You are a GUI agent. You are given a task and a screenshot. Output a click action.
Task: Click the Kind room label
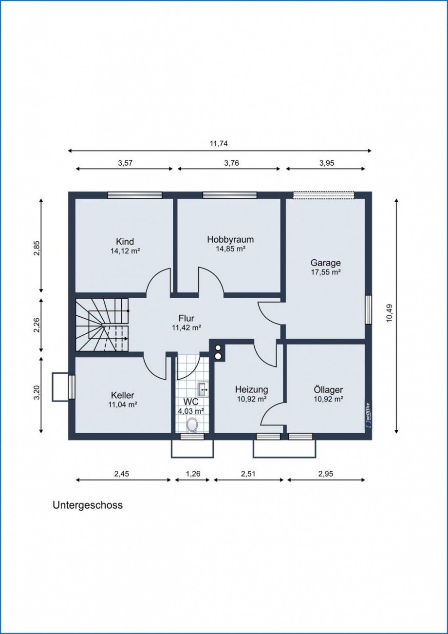(125, 242)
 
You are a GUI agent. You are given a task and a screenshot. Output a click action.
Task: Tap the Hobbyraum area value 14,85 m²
(230, 249)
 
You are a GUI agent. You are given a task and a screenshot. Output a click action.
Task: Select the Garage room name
(326, 263)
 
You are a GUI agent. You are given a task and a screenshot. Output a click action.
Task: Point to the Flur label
(187, 318)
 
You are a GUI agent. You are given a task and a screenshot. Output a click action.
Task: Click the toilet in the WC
(192, 425)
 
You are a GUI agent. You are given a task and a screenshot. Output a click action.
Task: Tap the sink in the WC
(203, 389)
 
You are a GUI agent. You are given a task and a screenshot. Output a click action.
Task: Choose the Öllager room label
(328, 390)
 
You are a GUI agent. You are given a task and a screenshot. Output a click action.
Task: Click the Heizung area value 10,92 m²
(251, 399)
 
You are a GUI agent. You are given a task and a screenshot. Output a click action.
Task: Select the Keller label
(122, 395)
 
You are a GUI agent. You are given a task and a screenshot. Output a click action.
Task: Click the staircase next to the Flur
(102, 325)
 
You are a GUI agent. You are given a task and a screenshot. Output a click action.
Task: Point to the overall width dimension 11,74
(218, 143)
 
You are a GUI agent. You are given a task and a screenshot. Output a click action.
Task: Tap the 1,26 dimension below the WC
(192, 474)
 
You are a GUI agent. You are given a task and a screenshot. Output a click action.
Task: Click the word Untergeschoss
(88, 505)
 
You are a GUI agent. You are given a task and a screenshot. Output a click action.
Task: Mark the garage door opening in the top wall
(323, 195)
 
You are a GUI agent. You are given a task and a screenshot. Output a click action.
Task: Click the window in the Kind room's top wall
(134, 195)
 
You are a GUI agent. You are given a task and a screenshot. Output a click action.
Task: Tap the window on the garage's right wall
(368, 309)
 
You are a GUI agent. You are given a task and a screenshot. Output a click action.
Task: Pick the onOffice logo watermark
(368, 414)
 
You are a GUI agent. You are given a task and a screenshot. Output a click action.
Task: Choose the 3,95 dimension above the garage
(326, 163)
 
